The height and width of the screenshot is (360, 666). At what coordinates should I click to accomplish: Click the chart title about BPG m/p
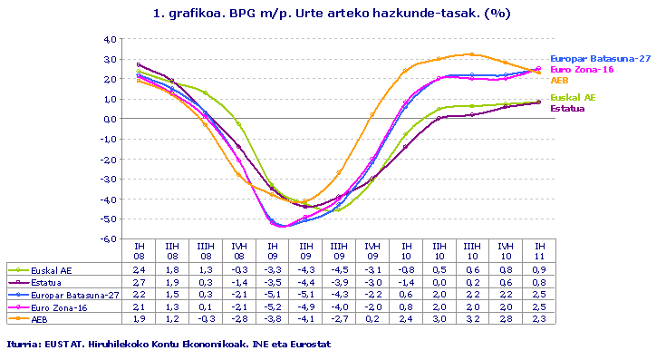tap(333, 15)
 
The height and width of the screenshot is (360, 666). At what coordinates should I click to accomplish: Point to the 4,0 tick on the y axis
tap(109, 39)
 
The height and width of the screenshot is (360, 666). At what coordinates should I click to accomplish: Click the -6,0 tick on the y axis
tap(108, 238)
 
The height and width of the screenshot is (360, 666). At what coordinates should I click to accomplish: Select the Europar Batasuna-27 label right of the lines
tap(601, 58)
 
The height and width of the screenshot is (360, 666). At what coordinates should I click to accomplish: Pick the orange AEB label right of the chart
tap(560, 81)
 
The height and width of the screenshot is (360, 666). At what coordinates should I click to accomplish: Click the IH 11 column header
tap(540, 251)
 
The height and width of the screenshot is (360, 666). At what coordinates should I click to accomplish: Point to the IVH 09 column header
tap(372, 251)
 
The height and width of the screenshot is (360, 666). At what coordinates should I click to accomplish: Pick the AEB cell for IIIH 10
tap(473, 318)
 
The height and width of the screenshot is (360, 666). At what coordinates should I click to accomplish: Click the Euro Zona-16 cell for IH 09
tap(272, 306)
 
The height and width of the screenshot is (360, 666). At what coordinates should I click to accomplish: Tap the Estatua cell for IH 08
tap(139, 283)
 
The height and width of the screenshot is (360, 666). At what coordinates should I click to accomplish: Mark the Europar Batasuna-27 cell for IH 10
tap(406, 295)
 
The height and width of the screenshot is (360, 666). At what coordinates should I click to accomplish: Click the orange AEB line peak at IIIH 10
tap(472, 54)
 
